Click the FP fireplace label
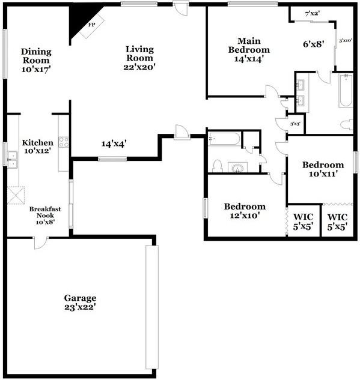click(92, 25)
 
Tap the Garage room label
click(80, 298)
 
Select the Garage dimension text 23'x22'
click(80, 307)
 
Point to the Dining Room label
click(36, 56)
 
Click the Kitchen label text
click(38, 143)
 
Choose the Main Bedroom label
click(248, 46)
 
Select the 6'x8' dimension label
click(313, 44)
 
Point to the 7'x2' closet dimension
click(312, 13)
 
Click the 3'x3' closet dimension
click(295, 124)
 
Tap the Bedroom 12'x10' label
click(245, 211)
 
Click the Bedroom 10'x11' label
click(323, 169)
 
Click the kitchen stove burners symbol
click(64, 143)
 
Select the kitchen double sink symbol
click(11, 158)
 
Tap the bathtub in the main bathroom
click(345, 91)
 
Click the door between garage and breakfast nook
click(39, 242)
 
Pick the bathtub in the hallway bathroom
click(224, 139)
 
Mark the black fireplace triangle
click(78, 19)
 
